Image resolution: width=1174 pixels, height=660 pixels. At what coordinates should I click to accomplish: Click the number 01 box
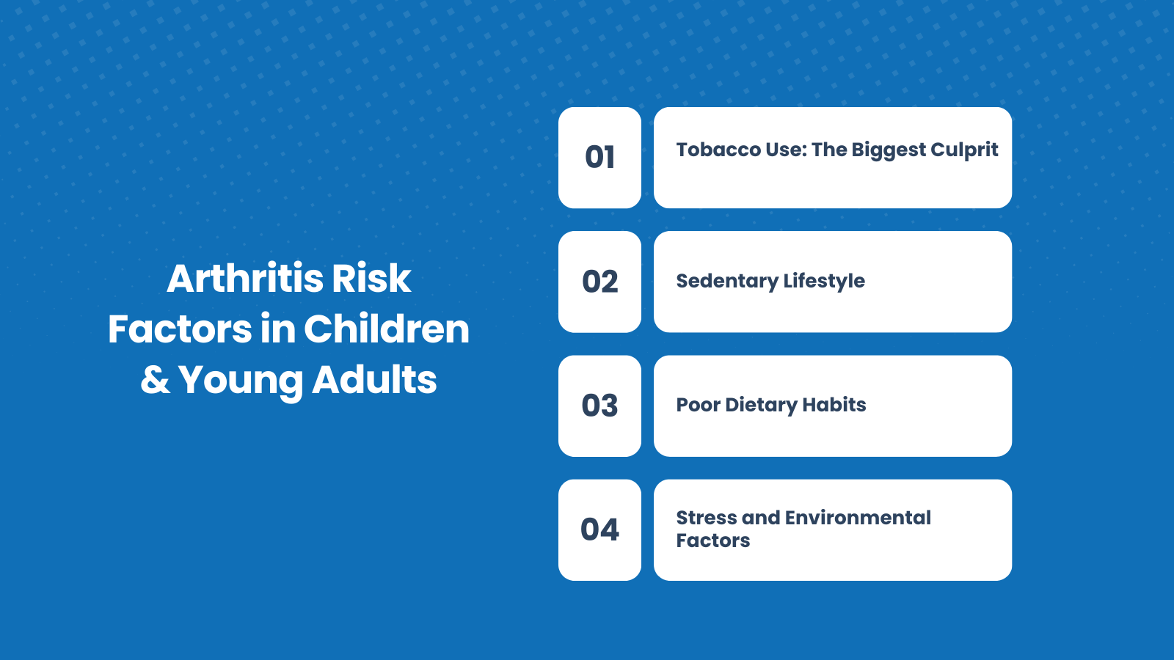599,158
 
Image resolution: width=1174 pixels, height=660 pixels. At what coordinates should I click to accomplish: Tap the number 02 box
599,282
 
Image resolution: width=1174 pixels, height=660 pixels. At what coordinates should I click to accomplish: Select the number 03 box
599,406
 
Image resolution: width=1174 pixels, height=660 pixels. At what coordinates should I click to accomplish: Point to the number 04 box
599,529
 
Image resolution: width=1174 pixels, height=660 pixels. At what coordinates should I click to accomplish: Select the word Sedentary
726,281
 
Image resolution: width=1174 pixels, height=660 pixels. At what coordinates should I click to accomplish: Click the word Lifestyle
824,281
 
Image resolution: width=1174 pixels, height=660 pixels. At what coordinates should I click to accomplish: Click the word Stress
706,518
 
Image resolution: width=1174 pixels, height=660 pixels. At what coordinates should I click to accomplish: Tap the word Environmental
858,518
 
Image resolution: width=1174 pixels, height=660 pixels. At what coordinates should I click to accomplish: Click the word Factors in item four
712,540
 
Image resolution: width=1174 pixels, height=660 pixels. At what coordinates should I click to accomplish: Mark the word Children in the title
387,329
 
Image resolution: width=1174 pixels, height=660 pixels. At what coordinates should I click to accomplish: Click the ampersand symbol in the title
155,380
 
